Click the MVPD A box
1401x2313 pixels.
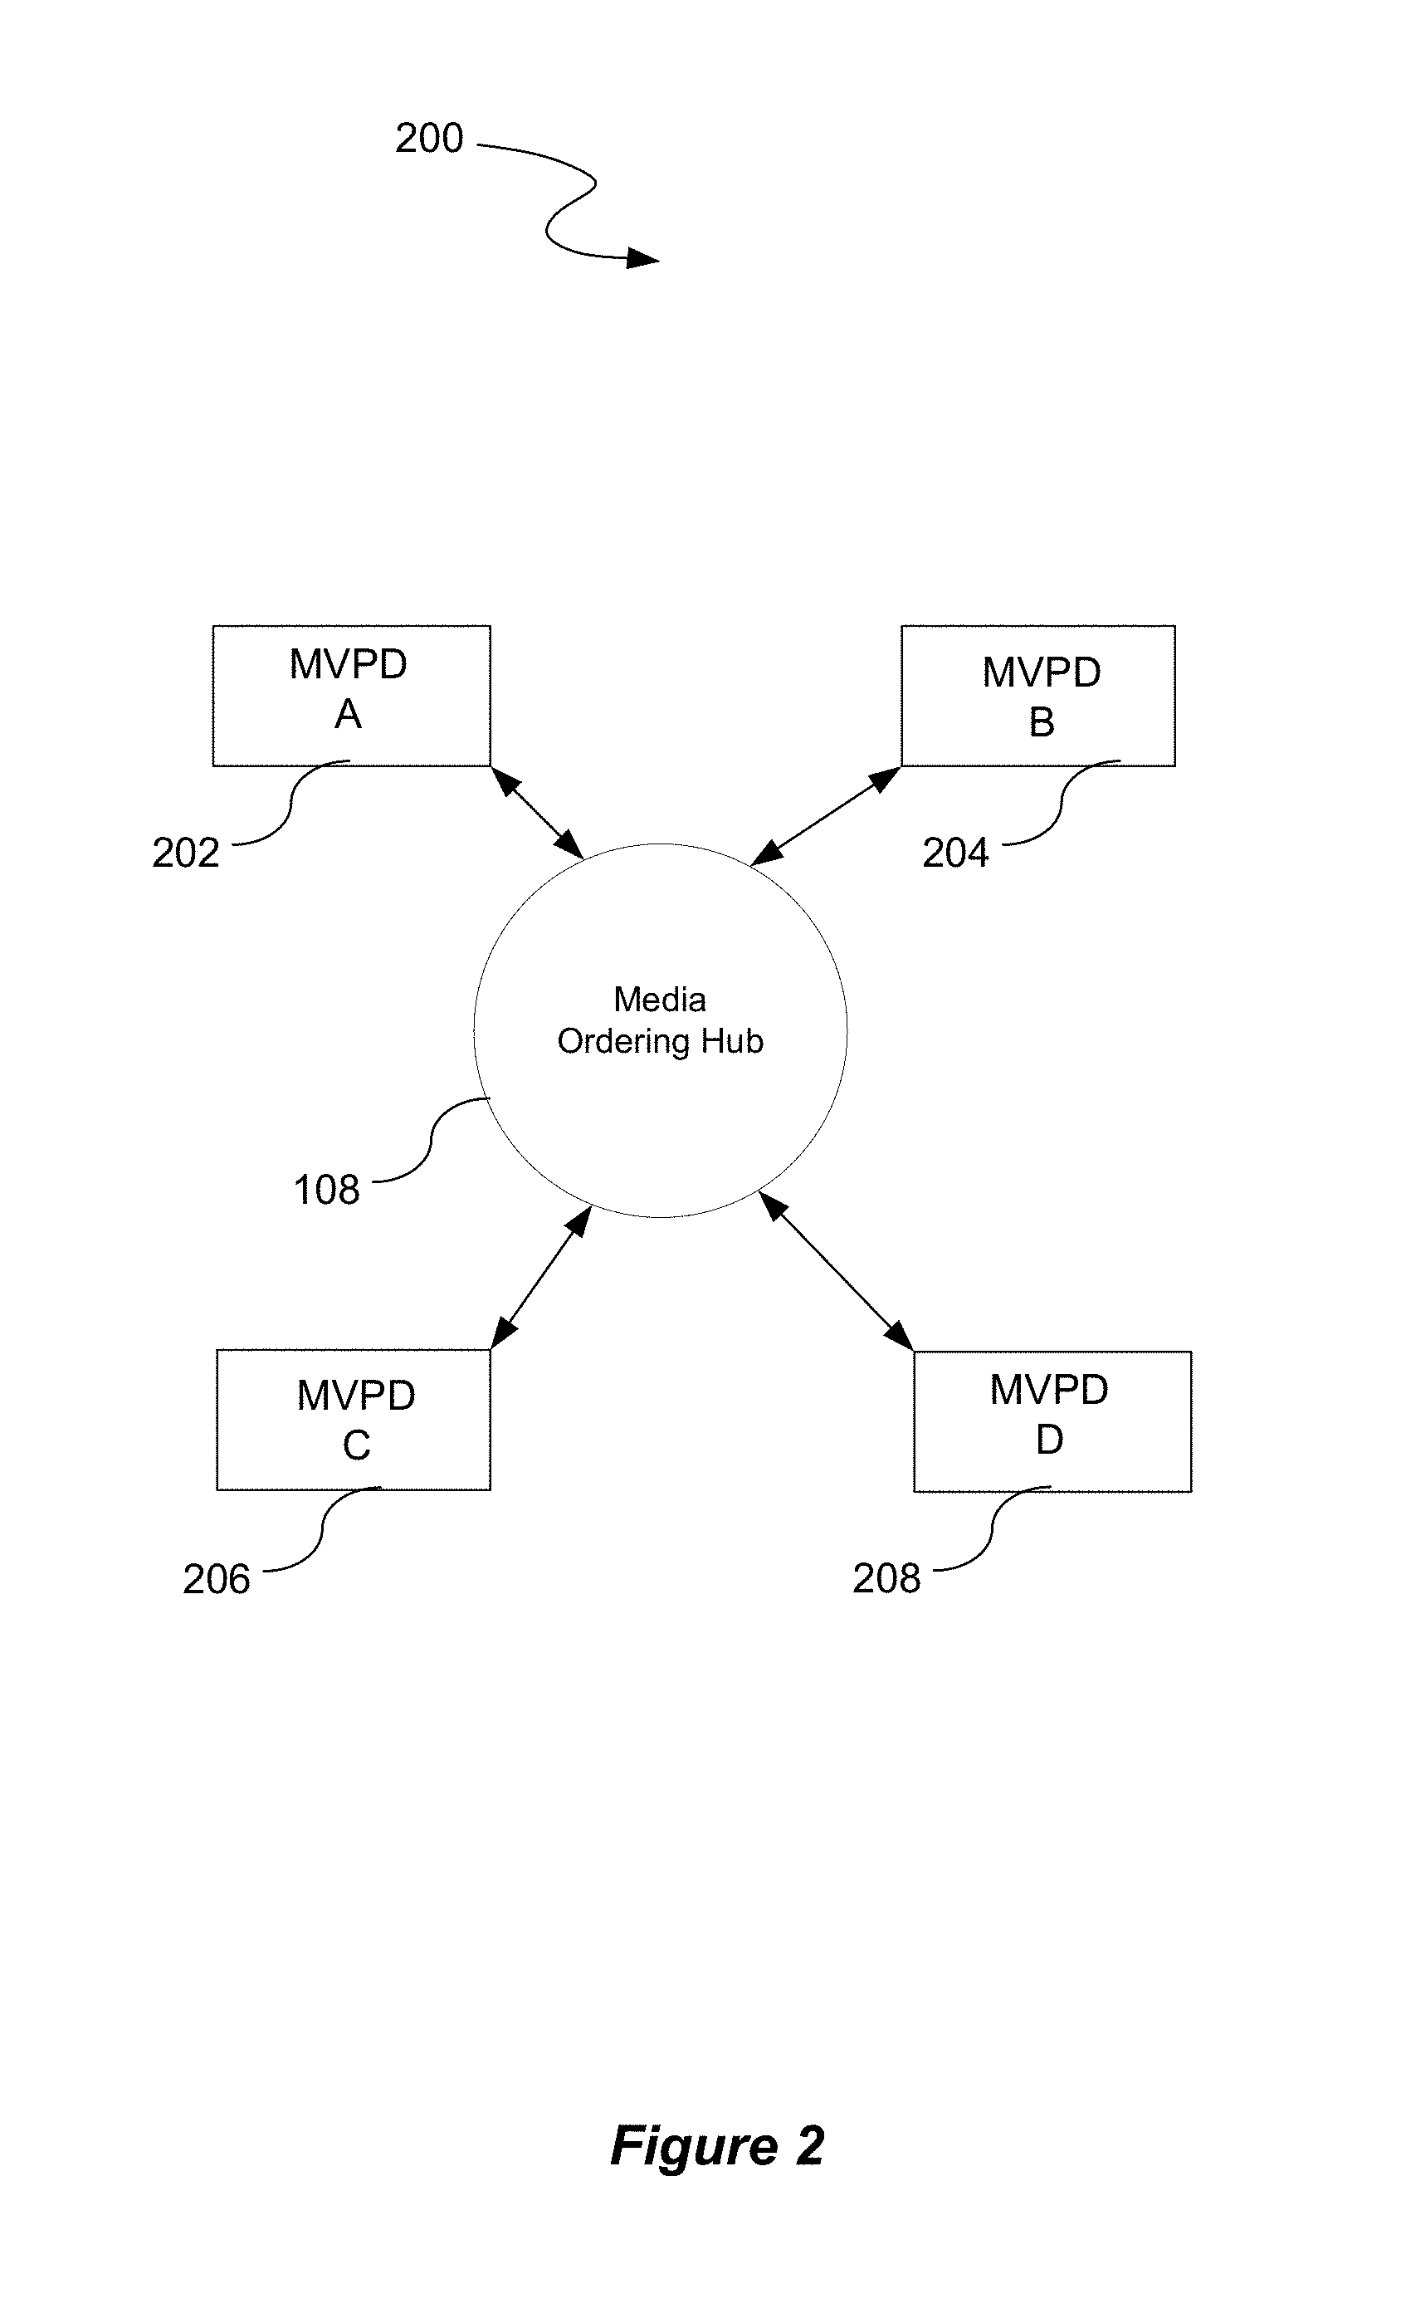pyautogui.click(x=351, y=696)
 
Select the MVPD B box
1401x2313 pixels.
pyautogui.click(x=1037, y=696)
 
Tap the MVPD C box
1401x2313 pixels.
pyautogui.click(x=354, y=1420)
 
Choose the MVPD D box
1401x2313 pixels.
pyautogui.click(x=1052, y=1421)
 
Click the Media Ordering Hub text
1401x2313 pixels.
pyautogui.click(x=660, y=1020)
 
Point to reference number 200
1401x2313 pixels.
pyautogui.click(x=429, y=138)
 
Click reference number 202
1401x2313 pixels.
pyautogui.click(x=186, y=853)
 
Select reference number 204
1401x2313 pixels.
pyautogui.click(x=955, y=853)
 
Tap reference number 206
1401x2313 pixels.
pyautogui.click(x=216, y=1579)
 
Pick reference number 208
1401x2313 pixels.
pyautogui.click(x=886, y=1578)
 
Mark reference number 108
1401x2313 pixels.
pyautogui.click(x=326, y=1190)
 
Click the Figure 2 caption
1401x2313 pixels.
pyautogui.click(x=717, y=2146)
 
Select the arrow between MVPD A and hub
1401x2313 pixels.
pyautogui.click(x=538, y=813)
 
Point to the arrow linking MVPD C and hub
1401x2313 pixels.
pyautogui.click(x=541, y=1278)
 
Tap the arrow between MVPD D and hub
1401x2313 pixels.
pyautogui.click(x=835, y=1271)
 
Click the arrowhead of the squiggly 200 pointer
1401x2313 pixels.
pyautogui.click(x=644, y=258)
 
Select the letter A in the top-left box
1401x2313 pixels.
pyautogui.click(x=348, y=714)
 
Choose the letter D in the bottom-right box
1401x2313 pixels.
pyautogui.click(x=1049, y=1440)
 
